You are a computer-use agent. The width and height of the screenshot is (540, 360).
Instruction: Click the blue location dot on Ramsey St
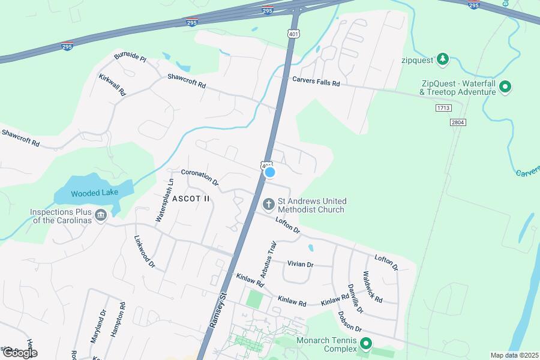[270, 172]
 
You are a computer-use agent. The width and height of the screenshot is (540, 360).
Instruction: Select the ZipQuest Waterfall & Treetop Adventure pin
[505, 88]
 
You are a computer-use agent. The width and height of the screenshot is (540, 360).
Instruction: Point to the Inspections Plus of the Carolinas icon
[100, 214]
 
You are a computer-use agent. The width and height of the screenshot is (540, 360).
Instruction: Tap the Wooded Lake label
[94, 193]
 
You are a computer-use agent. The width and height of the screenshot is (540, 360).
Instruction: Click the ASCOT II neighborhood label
[191, 199]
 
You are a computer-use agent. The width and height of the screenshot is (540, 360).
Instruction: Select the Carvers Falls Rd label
[316, 81]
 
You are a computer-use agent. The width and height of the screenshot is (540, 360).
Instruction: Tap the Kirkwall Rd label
[113, 85]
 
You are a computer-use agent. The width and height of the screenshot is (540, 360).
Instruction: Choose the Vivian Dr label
[301, 264]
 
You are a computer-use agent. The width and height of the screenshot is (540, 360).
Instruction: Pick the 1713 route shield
[443, 108]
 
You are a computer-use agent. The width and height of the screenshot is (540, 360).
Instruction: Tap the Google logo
[19, 353]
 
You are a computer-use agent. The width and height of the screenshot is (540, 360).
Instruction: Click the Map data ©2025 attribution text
[513, 355]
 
